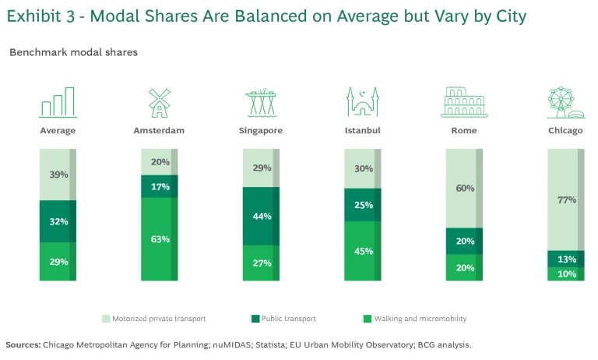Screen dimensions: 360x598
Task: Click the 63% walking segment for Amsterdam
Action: [159, 238]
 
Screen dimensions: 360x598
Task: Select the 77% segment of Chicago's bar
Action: [566, 199]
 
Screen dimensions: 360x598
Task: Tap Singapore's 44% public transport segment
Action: [261, 216]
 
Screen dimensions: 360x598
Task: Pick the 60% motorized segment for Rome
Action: [464, 188]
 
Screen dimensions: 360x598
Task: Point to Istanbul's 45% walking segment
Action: [363, 251]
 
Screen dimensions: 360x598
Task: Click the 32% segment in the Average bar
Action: [58, 221]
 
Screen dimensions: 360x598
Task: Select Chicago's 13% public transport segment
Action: [566, 259]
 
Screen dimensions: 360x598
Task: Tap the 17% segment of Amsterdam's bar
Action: [159, 186]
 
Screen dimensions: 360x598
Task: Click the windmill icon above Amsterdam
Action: [159, 102]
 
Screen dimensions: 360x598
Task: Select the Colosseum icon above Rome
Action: [464, 102]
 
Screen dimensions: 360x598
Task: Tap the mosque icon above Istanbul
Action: [363, 102]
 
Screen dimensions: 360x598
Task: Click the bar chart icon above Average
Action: [58, 102]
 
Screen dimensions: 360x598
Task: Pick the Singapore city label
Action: [261, 130]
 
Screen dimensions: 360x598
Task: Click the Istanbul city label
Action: [363, 130]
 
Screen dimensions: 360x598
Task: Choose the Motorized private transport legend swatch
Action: [107, 319]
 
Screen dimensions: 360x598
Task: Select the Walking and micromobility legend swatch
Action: [367, 319]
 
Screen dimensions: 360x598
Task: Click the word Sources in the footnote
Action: [23, 344]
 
